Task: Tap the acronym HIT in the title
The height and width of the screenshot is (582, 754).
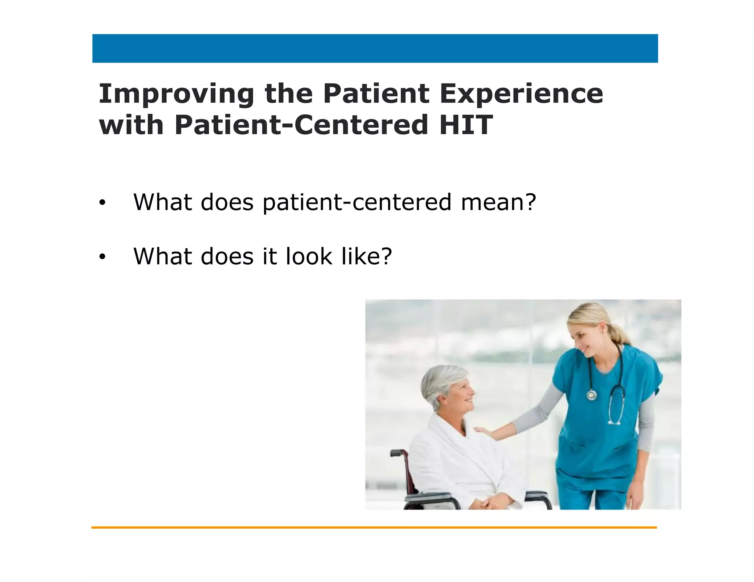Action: coord(466,125)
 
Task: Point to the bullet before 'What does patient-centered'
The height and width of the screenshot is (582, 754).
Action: coord(102,203)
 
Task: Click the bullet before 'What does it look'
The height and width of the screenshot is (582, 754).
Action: coord(102,257)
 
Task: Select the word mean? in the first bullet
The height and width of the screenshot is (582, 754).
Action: coord(498,202)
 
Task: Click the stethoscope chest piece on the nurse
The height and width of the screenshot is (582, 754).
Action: coord(592,395)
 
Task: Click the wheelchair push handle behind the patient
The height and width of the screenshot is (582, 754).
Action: coord(397,453)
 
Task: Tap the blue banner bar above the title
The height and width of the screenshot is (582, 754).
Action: coord(375,49)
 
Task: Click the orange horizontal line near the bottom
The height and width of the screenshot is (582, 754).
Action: coord(374,528)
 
